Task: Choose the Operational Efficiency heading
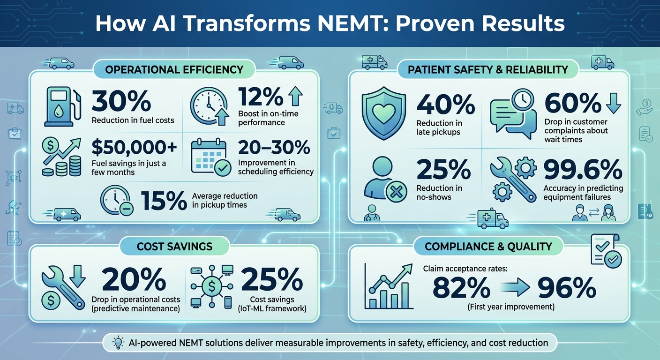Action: (x=174, y=70)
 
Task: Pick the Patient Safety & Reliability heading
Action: (x=488, y=70)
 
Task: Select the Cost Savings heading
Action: (x=174, y=246)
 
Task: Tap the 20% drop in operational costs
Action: (x=134, y=282)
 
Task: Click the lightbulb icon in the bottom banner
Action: (x=118, y=343)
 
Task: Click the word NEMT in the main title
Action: (x=336, y=23)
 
